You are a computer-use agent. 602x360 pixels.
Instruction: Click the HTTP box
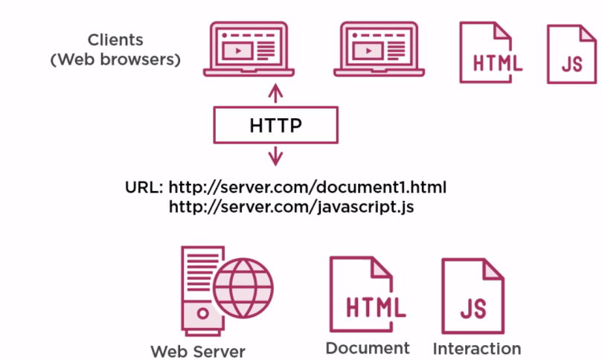coord(276,125)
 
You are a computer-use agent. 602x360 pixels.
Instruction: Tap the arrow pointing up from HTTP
coord(276,94)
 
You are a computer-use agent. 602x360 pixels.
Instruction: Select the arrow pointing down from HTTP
coord(276,156)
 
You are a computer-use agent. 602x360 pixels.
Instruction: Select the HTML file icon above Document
coord(367,295)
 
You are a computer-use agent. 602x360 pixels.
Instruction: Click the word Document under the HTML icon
coord(368,347)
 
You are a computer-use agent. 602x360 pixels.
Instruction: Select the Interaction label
coord(477,348)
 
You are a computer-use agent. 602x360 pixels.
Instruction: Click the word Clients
coord(115,40)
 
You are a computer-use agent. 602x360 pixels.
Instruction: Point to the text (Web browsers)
coord(115,60)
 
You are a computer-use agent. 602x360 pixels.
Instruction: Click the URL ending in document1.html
coord(308,186)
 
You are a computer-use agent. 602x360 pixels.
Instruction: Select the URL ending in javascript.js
coord(292,207)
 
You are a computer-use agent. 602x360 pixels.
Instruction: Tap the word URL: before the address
coord(144,186)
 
